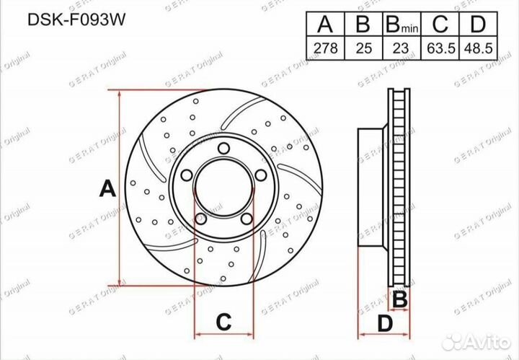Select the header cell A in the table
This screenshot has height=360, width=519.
(325, 25)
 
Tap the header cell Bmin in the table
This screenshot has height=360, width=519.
(402, 25)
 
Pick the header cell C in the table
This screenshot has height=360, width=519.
(440, 25)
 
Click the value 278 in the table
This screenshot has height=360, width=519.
(325, 49)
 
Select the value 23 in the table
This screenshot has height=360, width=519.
(402, 49)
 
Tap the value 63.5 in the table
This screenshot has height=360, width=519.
(440, 49)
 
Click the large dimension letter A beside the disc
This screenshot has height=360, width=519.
(107, 190)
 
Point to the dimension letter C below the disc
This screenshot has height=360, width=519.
(224, 320)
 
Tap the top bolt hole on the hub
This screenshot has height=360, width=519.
(224, 149)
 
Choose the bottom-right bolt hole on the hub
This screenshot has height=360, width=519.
(245, 220)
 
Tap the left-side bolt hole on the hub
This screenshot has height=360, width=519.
(186, 175)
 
